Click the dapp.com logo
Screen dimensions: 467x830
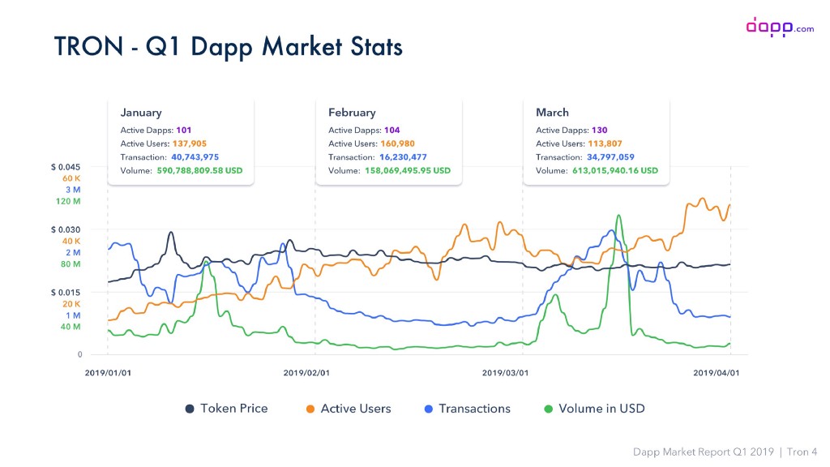[x=779, y=27]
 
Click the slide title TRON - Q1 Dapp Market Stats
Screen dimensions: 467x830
[x=228, y=46]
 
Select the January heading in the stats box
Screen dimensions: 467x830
[x=141, y=113]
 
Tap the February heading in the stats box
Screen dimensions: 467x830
[x=352, y=113]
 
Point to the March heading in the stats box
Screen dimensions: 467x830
[x=552, y=113]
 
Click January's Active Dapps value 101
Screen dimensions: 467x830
[x=183, y=130]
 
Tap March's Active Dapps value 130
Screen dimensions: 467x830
[x=599, y=130]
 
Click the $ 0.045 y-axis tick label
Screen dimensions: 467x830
[x=66, y=167]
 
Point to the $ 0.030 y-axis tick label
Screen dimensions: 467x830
[x=66, y=229]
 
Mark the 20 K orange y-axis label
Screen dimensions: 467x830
[x=71, y=303]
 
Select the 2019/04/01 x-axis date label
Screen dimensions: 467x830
[x=716, y=373]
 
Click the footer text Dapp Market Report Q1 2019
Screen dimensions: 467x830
[x=703, y=451]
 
